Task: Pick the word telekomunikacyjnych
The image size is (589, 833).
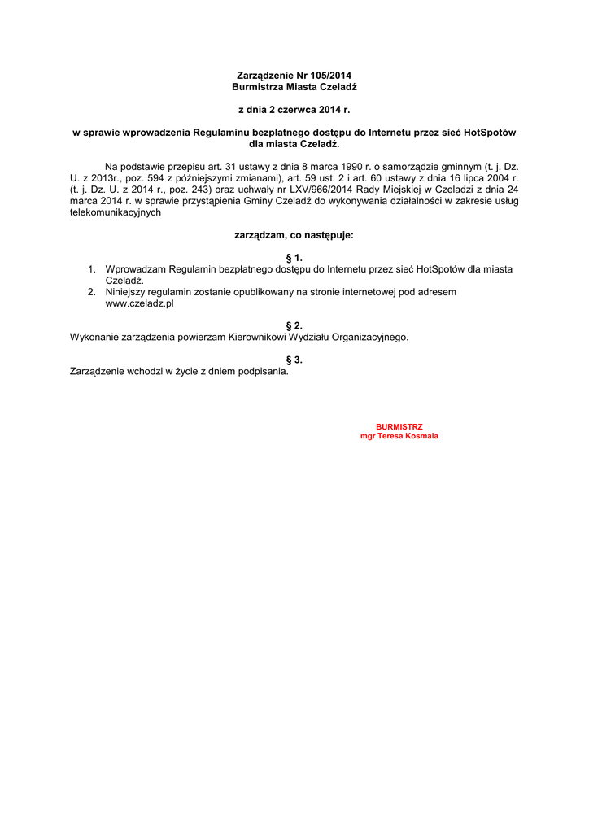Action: (116, 212)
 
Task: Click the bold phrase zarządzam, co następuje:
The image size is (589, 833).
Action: (294, 235)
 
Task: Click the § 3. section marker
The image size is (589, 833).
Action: (294, 360)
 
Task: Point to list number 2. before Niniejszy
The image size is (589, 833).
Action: (92, 291)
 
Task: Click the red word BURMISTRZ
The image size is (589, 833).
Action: (399, 426)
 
